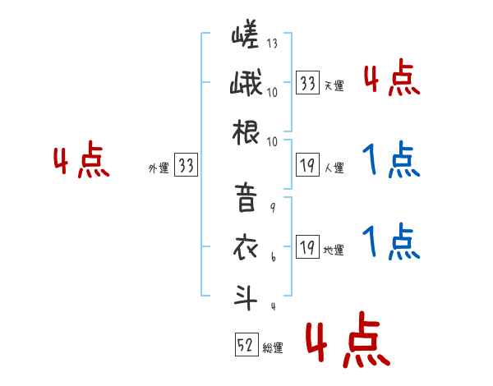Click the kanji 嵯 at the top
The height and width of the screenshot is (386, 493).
[x=246, y=37]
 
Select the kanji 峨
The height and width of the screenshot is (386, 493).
[x=246, y=84]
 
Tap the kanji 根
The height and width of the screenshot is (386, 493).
[x=246, y=131]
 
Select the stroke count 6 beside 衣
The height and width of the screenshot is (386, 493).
[x=272, y=258]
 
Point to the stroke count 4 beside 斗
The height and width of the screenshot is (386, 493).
[x=272, y=306]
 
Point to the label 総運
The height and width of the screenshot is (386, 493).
[x=273, y=348]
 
